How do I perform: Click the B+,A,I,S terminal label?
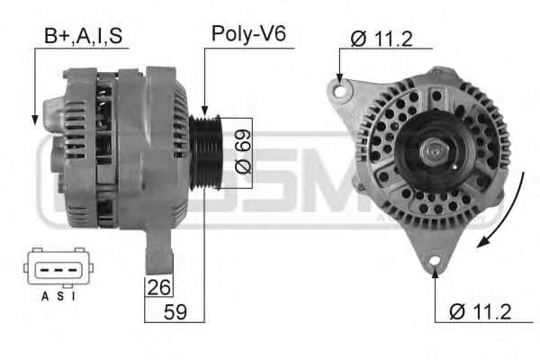(x=84, y=36)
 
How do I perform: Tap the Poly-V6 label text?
(x=248, y=34)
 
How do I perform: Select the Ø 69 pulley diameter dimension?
(x=243, y=151)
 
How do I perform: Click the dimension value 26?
(x=158, y=287)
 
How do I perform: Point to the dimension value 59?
(x=175, y=312)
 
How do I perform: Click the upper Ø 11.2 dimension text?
(x=382, y=39)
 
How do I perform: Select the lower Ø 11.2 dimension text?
(x=481, y=311)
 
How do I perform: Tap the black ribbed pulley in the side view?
(x=205, y=152)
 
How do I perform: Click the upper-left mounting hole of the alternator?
(x=340, y=92)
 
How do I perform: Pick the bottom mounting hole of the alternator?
(x=435, y=261)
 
